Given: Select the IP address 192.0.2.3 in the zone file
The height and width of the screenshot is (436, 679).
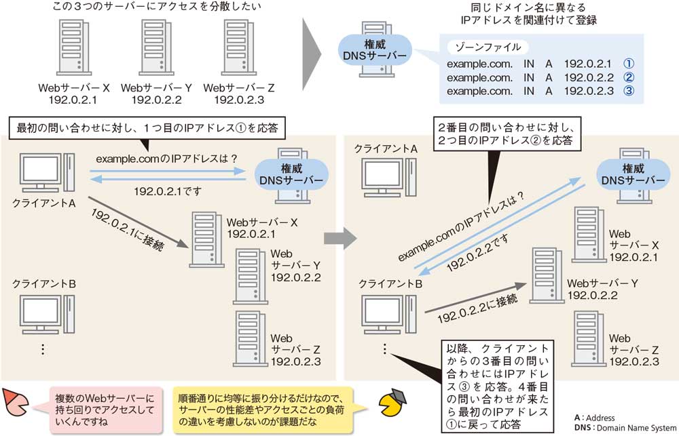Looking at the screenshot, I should tap(589, 90).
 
